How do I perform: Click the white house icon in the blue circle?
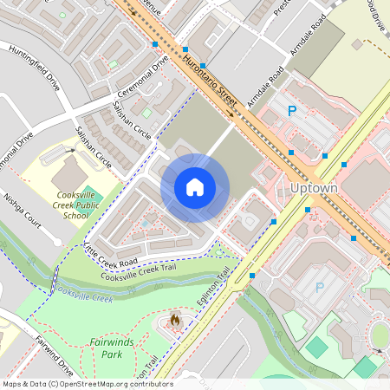[195, 187]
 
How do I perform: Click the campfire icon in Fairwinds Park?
[176, 322]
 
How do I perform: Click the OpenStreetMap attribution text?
[87, 384]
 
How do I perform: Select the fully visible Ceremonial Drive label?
[145, 80]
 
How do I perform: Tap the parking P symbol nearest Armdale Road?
[292, 111]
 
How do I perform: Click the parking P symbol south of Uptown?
[319, 287]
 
